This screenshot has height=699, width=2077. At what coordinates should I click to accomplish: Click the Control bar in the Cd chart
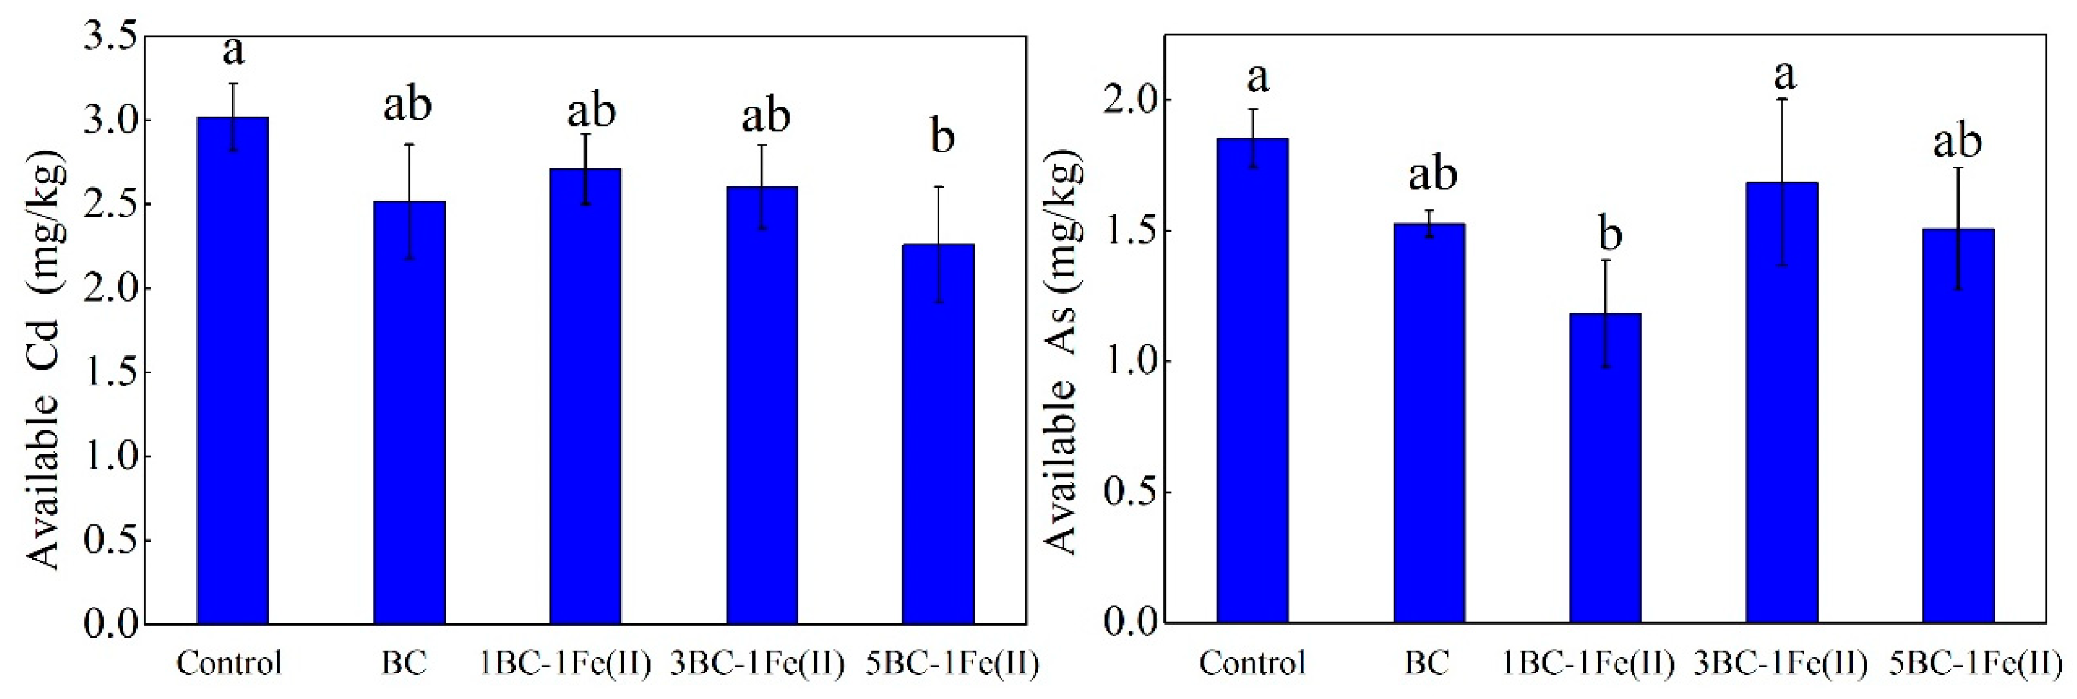click(x=233, y=371)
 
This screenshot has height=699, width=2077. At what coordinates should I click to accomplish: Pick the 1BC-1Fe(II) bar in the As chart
click(x=1606, y=467)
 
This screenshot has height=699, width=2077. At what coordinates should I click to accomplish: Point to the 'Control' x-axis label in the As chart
click(x=1251, y=663)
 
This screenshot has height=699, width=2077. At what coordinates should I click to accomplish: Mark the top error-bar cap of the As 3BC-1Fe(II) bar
click(x=1783, y=99)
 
